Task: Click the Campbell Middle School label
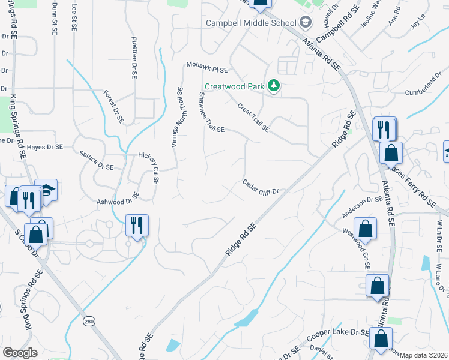252,23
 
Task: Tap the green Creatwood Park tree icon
274,86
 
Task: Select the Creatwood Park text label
234,86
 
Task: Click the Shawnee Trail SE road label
211,113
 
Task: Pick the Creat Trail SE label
253,118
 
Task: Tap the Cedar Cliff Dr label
261,187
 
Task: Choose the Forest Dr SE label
113,107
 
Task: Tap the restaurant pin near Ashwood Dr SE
137,226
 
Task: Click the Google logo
20,353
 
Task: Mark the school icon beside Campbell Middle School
306,23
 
